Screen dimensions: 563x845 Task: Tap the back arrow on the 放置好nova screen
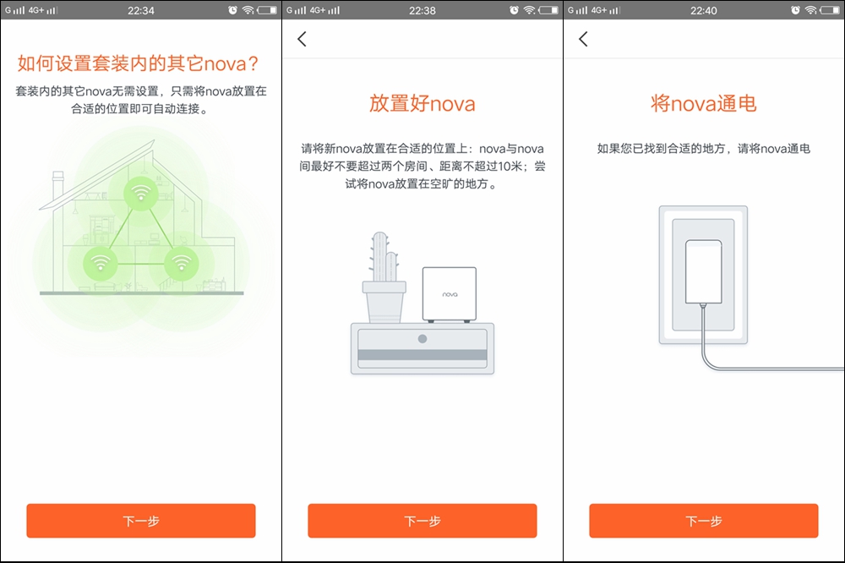[x=302, y=39]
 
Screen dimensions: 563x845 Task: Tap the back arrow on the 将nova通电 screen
[x=583, y=39]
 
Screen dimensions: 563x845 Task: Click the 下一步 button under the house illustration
[x=140, y=521]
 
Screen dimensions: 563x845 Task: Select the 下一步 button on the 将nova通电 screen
[x=703, y=521]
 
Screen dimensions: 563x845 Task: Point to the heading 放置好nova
[x=422, y=104]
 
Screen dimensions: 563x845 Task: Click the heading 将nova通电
[x=703, y=104]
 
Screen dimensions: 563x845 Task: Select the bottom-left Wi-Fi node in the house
[x=101, y=261]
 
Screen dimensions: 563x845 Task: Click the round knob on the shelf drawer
[x=422, y=338]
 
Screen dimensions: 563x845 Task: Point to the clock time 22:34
[x=140, y=10]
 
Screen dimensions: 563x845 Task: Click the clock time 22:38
[x=422, y=10]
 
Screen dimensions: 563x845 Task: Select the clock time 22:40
[x=703, y=10]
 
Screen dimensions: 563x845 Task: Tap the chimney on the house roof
[x=58, y=181]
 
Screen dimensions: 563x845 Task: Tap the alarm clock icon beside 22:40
[x=795, y=10]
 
